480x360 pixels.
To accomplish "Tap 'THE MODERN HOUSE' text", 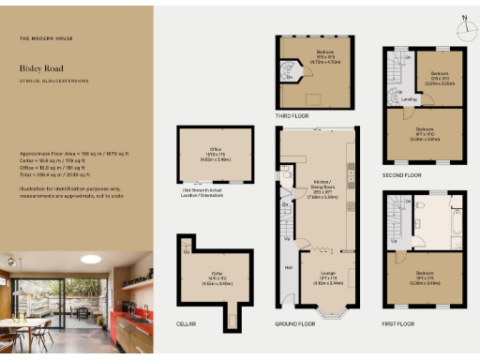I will tap(43, 38).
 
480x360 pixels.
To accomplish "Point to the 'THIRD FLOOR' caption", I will tap(292, 116).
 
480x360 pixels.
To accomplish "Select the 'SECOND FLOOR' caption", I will tap(401, 174).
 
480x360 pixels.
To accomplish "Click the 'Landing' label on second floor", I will tap(409, 99).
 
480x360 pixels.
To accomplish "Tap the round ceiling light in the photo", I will tap(91, 260).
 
